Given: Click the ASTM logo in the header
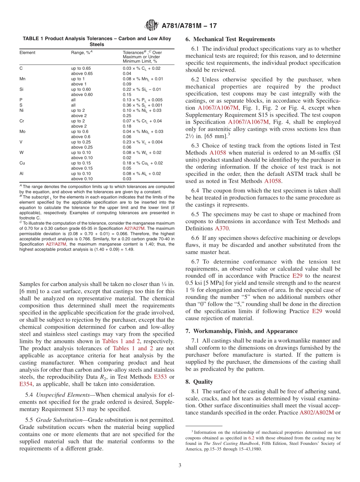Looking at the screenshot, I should point(152,26).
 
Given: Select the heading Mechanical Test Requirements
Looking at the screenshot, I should point(230,39).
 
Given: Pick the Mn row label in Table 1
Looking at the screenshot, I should point(22,79).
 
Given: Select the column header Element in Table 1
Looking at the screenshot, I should point(27,53).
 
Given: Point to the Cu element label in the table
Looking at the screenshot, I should point(22,163).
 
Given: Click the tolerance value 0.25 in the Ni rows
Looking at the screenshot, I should point(127,116).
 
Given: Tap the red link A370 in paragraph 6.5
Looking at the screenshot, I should point(222,228).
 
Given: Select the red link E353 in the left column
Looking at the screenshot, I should point(161,377).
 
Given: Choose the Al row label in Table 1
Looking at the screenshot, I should point(22,174).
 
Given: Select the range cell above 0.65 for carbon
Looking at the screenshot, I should point(82,74).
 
